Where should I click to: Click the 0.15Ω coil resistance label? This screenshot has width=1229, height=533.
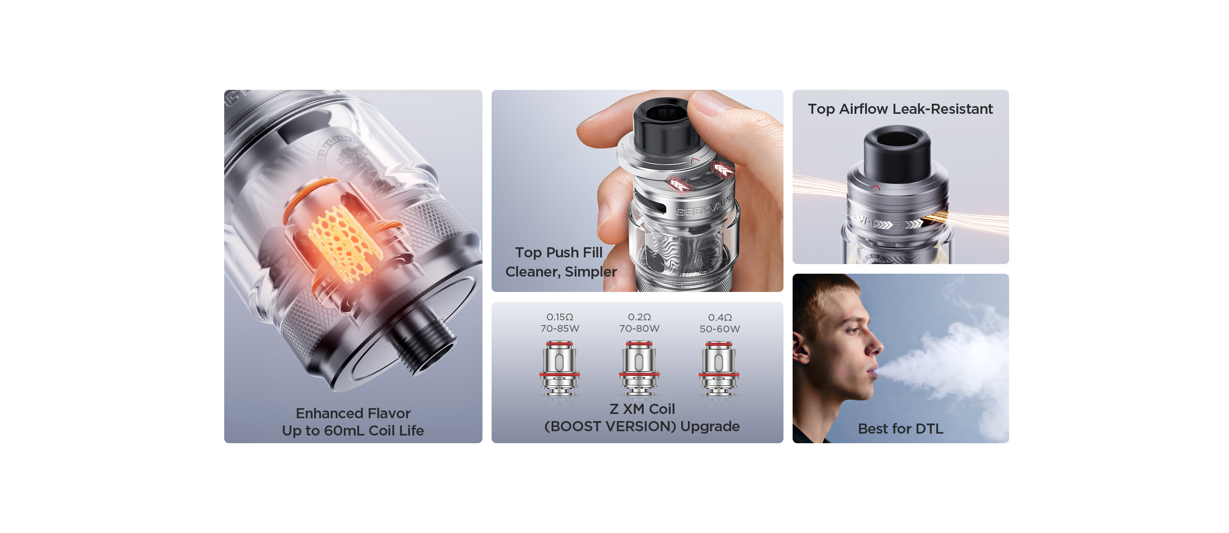560,317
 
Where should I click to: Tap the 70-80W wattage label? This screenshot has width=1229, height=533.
639,328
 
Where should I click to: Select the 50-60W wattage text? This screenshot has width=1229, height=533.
720,329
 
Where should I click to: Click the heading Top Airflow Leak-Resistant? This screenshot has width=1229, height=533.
900,109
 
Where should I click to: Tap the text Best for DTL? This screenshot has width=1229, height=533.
901,428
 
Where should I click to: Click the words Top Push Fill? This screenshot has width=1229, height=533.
559,252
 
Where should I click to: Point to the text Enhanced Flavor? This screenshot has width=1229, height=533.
353,413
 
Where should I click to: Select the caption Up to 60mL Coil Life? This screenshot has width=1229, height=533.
353,431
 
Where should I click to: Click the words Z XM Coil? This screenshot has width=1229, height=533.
642,409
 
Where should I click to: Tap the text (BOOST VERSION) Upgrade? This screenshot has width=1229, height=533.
642,426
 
